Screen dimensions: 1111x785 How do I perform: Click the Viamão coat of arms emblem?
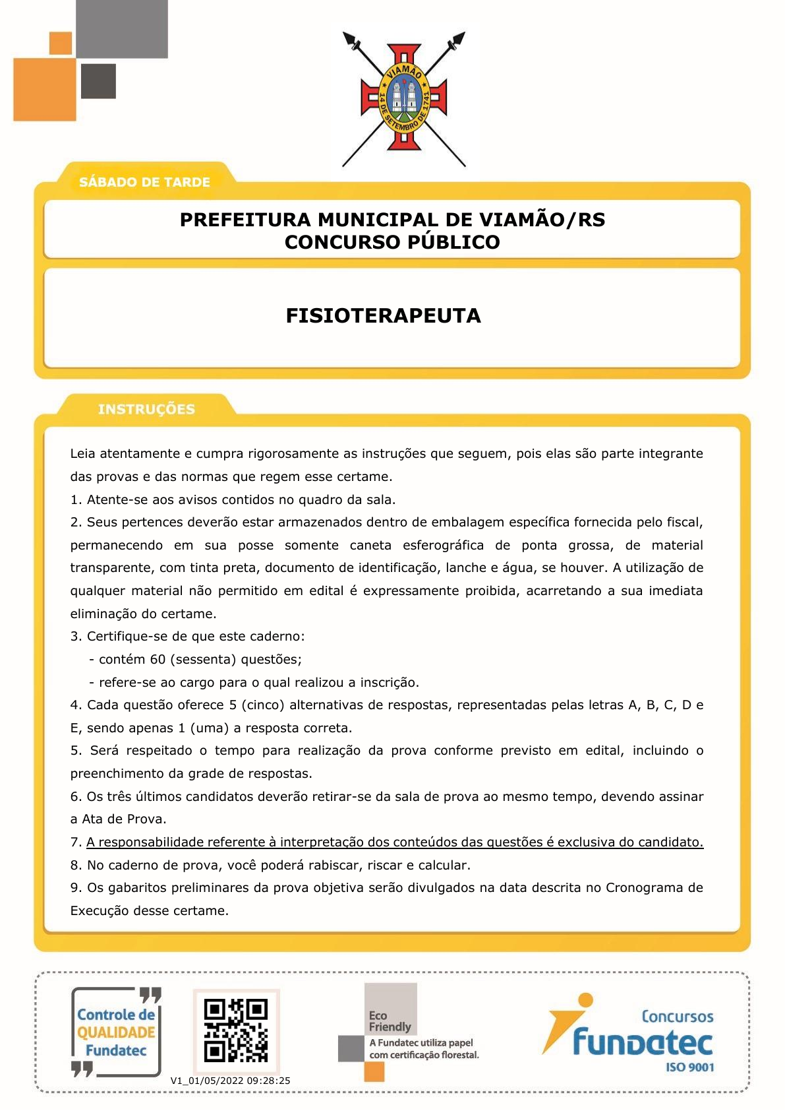coord(403,99)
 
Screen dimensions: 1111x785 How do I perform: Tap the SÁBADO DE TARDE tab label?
coord(144,182)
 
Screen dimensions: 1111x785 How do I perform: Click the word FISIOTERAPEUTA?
coord(383,316)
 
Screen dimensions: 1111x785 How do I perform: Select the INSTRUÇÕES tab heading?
coord(146,409)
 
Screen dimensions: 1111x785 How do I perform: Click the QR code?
coord(236,1031)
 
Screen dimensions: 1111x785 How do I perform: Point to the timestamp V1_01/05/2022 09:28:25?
coord(230,1081)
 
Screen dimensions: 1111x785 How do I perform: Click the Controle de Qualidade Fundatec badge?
coord(116,1032)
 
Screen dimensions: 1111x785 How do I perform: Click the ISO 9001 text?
coord(690,1067)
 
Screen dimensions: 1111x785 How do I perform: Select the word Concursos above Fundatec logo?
coord(677,1017)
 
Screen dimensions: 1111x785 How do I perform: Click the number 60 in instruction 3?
coord(158,659)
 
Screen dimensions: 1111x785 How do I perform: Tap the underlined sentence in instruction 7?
coord(395,842)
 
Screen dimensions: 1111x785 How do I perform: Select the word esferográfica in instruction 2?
coord(443,545)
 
